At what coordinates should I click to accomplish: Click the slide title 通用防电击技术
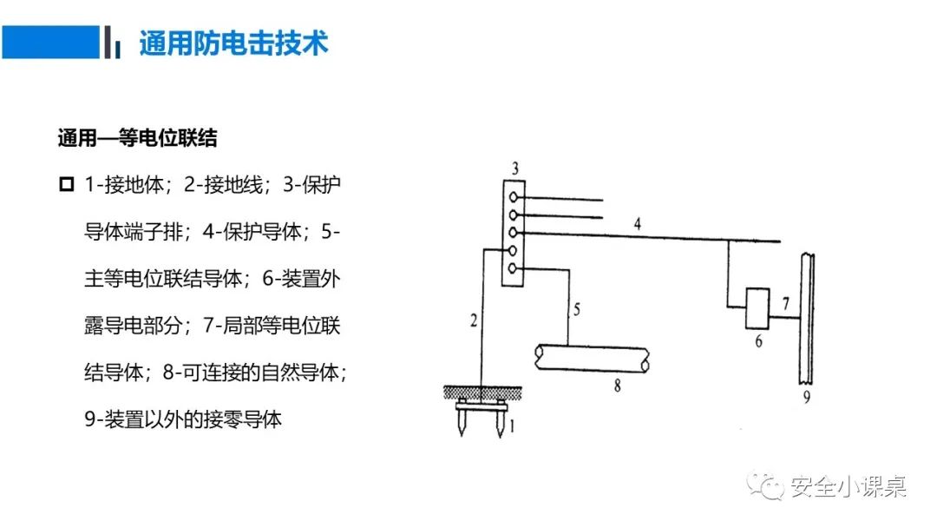tap(233, 43)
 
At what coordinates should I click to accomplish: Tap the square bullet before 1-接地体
tap(66, 184)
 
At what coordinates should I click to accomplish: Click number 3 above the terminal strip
tap(515, 168)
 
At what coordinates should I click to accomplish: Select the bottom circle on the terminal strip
tap(515, 270)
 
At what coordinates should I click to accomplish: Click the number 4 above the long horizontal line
tap(638, 224)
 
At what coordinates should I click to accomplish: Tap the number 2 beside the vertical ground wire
tap(473, 320)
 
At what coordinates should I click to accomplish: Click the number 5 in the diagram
tap(575, 307)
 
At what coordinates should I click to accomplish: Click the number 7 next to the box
tap(784, 304)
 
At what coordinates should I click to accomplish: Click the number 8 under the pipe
tap(617, 386)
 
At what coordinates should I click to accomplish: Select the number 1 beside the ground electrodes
tap(512, 426)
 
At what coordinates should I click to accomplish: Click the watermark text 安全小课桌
tap(849, 487)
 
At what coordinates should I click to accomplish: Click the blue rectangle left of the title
tap(49, 42)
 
